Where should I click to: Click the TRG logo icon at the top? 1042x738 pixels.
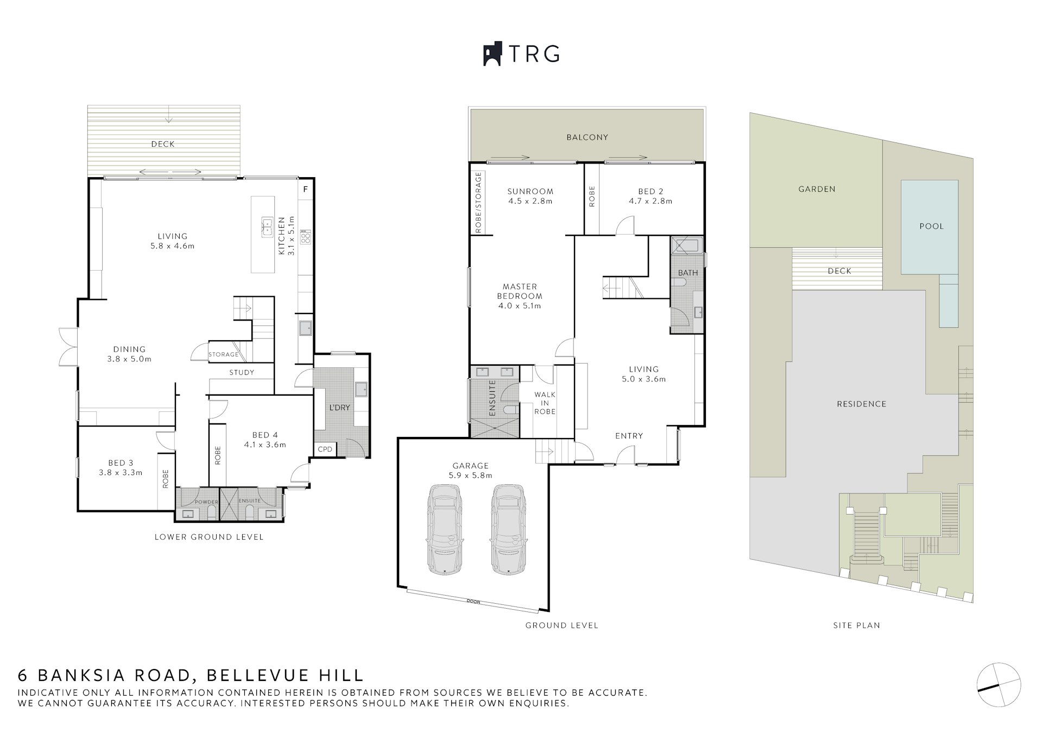tap(492, 54)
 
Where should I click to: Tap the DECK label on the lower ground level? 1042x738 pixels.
tap(163, 144)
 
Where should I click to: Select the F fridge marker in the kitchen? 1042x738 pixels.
tap(306, 189)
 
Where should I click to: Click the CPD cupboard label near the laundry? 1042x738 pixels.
tap(325, 449)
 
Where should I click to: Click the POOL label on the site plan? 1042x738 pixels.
tap(931, 226)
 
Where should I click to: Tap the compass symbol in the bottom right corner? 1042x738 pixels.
tap(998, 685)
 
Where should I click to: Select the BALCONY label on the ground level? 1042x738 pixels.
tap(587, 137)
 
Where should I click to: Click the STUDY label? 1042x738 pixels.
tap(242, 372)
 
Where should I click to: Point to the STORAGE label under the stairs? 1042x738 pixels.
tap(224, 354)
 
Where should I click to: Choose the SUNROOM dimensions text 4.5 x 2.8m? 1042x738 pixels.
tap(530, 201)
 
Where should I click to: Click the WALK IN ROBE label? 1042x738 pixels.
tap(545, 403)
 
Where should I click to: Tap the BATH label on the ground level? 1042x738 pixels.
tap(688, 272)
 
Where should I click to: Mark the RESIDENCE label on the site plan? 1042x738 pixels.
tap(861, 404)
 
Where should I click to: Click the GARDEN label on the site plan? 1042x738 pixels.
tap(817, 189)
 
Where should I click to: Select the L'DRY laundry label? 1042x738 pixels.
tap(339, 408)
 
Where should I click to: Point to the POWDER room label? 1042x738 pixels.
tap(206, 502)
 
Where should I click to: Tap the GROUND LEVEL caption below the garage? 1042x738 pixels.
tap(561, 626)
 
